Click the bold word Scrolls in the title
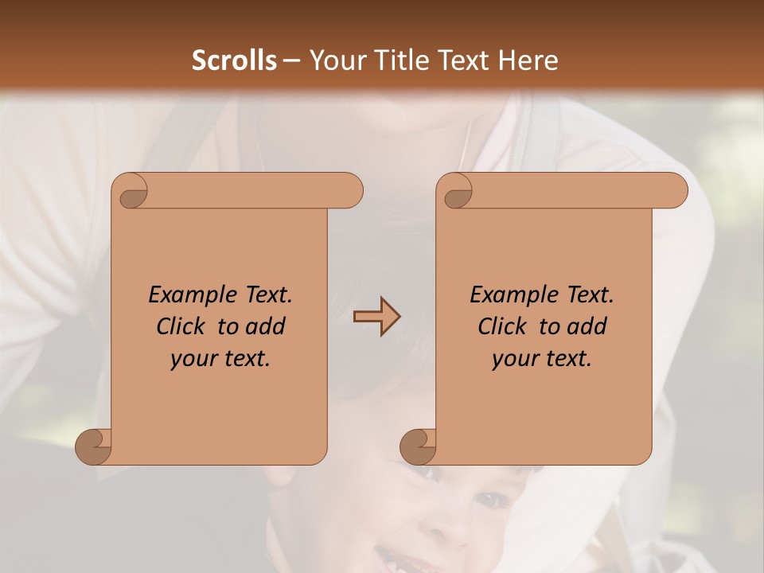tap(235, 60)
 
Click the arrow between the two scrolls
tap(376, 317)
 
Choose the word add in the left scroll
tap(267, 326)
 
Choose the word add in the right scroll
tap(588, 326)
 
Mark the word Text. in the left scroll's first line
tap(266, 294)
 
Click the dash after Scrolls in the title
tap(291, 60)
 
